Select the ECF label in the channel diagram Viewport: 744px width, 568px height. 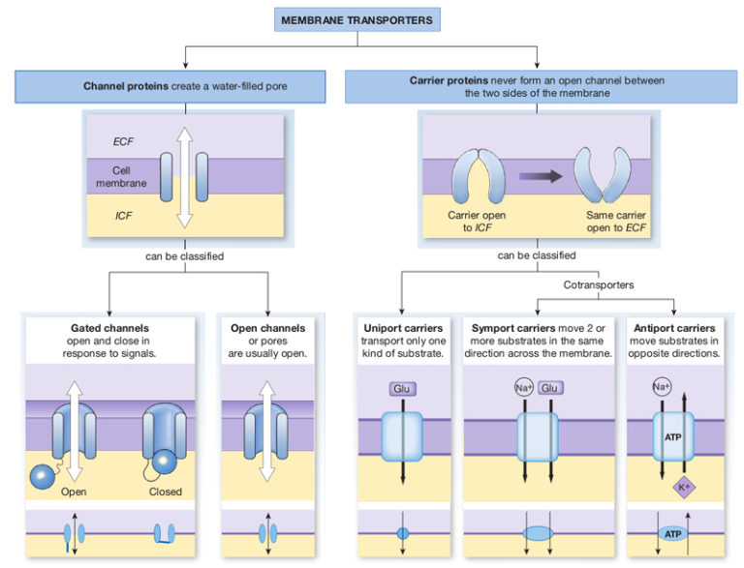(123, 141)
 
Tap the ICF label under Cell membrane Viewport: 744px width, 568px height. (123, 216)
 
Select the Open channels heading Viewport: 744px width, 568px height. (268, 328)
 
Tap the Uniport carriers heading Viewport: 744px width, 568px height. (402, 328)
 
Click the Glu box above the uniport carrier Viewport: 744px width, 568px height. (402, 389)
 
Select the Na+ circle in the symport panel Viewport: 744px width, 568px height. (524, 389)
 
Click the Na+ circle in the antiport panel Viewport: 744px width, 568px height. (662, 387)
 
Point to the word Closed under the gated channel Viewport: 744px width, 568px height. (166, 492)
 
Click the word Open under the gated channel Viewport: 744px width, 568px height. (75, 492)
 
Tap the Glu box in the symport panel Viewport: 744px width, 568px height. (551, 389)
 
